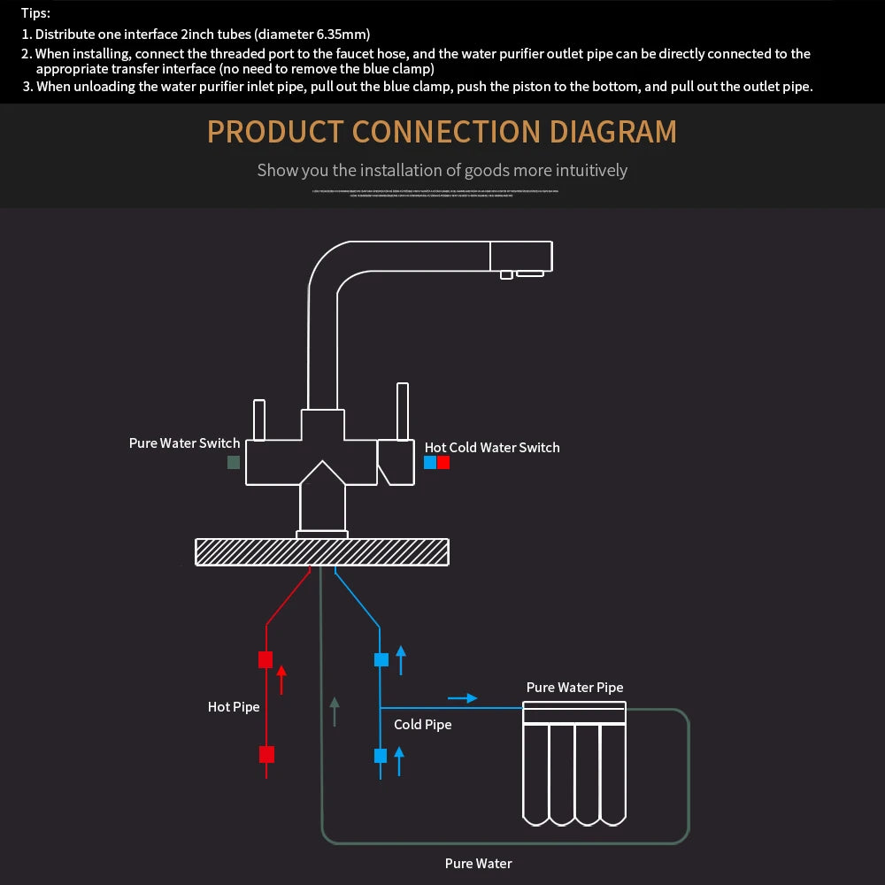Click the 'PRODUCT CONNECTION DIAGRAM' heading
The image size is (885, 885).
pos(442,132)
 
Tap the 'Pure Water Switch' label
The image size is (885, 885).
pos(184,442)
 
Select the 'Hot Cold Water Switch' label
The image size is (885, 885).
pos(492,447)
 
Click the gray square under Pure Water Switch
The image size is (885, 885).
pos(234,462)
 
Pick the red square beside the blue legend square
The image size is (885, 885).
pos(443,462)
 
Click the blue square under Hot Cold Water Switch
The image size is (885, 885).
pos(430,462)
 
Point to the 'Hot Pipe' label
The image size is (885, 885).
pos(234,706)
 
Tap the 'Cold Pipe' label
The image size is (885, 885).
pos(422,724)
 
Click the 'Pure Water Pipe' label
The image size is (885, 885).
pos(574,687)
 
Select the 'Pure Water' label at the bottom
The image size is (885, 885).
pos(478,863)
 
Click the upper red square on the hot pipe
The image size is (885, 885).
pos(265,659)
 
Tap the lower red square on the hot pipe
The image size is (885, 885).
pos(266,754)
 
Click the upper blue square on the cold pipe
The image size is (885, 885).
pos(381,659)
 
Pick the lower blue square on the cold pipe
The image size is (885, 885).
pos(381,755)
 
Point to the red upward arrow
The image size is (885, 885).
pos(281,679)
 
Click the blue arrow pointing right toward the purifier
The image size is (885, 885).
pos(462,698)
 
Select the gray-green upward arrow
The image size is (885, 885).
pos(335,711)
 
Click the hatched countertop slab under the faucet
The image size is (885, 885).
pos(321,551)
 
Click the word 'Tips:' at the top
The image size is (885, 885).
pos(35,13)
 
